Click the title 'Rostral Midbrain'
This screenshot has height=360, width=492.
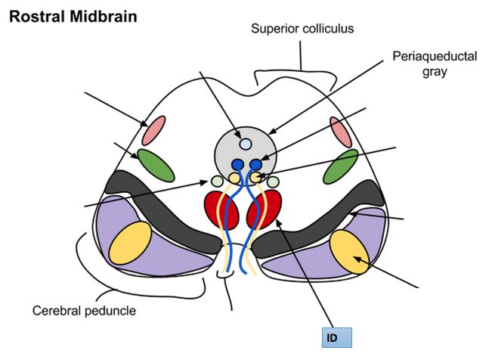click(73, 16)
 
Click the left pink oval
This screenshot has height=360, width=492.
click(154, 129)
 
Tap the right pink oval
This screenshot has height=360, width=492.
click(341, 132)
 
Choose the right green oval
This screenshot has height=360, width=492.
click(341, 166)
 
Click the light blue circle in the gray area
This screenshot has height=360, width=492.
click(245, 143)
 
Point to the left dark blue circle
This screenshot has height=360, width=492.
click(237, 164)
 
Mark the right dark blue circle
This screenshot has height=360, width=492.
click(256, 164)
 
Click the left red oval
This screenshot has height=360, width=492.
click(221, 209)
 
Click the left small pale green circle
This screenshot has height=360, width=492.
click(217, 182)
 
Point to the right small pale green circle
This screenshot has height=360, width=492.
click(272, 182)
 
